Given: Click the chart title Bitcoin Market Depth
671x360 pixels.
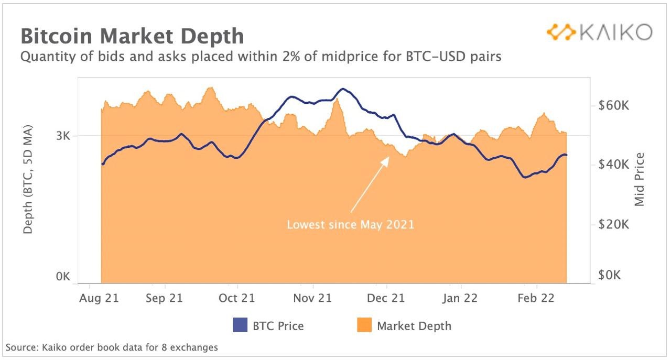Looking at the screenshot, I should (132, 36).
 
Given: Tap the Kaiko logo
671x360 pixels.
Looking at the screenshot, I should (599, 32).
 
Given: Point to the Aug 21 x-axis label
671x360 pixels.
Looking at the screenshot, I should (99, 298).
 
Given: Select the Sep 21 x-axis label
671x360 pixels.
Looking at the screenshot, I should (165, 298).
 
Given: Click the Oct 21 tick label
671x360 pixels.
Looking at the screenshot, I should (237, 298).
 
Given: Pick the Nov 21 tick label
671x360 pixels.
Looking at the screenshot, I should (313, 298).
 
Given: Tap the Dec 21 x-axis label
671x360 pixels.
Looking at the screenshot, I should (386, 298).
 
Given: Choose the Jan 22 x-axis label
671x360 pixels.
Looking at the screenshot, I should (460, 298).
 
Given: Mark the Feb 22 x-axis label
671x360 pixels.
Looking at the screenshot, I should (536, 298).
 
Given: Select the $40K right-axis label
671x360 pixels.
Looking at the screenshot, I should (613, 165).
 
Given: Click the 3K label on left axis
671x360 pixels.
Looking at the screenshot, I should (63, 137).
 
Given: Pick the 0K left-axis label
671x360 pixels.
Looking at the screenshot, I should (63, 277).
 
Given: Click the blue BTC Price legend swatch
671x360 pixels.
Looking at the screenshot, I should (240, 325).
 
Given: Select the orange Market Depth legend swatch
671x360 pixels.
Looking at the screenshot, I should (364, 325).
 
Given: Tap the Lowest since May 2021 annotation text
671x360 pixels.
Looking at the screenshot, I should (350, 225).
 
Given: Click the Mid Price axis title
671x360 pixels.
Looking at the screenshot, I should (640, 179).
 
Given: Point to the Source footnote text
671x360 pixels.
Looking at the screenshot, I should (112, 347).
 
